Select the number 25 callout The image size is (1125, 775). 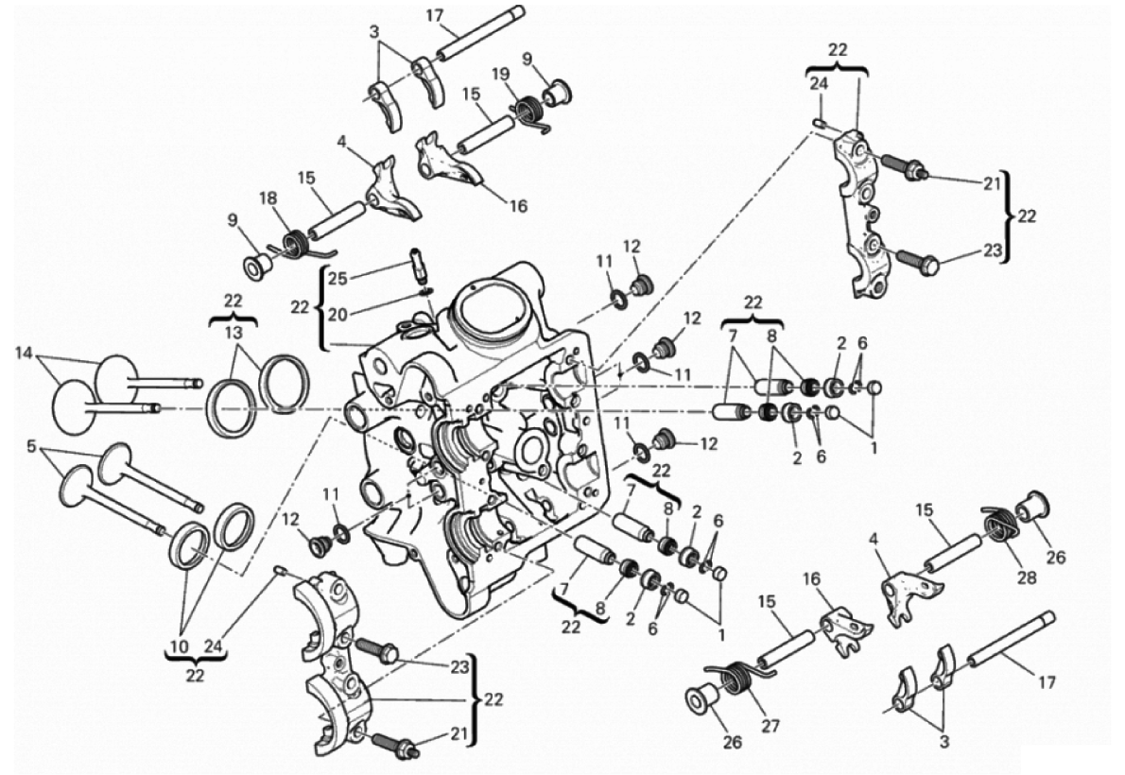338,277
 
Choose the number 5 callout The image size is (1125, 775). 31,446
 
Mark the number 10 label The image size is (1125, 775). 180,646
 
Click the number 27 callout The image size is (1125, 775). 770,726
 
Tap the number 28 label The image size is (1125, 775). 1027,577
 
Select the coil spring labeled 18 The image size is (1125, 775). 294,244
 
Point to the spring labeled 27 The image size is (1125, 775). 741,677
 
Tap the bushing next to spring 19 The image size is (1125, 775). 557,92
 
